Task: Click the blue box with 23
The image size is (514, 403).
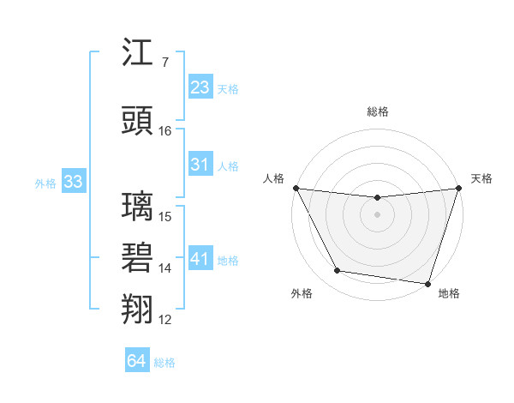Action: click(200, 87)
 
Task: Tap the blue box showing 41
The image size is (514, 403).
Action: click(200, 258)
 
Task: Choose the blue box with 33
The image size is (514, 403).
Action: click(73, 182)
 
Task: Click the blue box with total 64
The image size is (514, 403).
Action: click(137, 361)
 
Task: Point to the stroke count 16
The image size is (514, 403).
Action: click(165, 131)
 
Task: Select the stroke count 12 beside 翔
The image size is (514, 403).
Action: click(165, 320)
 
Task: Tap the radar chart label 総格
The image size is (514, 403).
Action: click(377, 111)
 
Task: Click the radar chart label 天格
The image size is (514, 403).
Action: click(482, 178)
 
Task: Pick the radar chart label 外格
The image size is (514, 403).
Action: click(302, 293)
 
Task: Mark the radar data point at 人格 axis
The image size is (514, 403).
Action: click(296, 188)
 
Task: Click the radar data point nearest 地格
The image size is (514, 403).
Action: click(427, 283)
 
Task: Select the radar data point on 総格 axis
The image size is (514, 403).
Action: click(377, 198)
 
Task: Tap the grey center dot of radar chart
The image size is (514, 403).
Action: click(377, 214)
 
